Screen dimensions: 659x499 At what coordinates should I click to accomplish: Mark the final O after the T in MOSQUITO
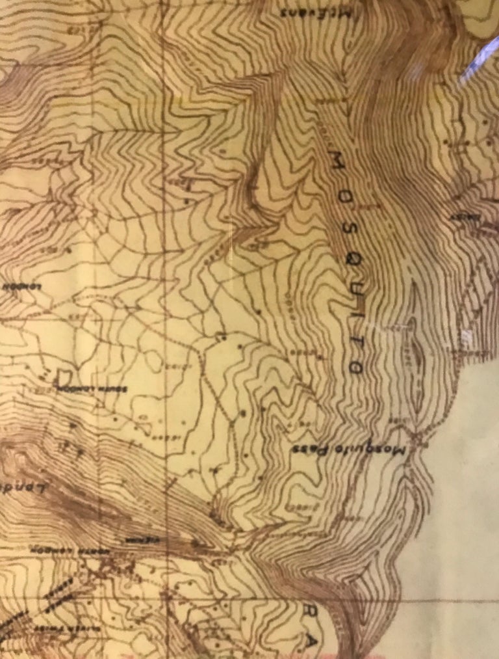tap(355, 368)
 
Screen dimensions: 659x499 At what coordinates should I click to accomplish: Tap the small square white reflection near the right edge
tap(467, 336)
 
